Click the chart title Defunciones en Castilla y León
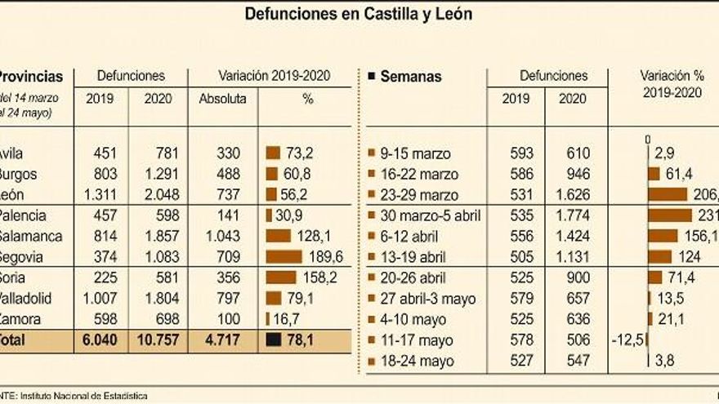pyautogui.click(x=359, y=14)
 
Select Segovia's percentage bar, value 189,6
pyautogui.click(x=282, y=256)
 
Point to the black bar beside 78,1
pyautogui.click(x=273, y=340)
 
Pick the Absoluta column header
pyautogui.click(x=222, y=98)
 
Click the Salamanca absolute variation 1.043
pyautogui.click(x=222, y=235)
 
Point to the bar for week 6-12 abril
pyautogui.click(x=662, y=235)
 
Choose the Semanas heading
pyautogui.click(x=411, y=77)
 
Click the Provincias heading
pyautogui.click(x=30, y=77)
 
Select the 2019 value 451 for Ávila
pyautogui.click(x=106, y=153)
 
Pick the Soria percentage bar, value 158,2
pyautogui.click(x=280, y=277)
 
